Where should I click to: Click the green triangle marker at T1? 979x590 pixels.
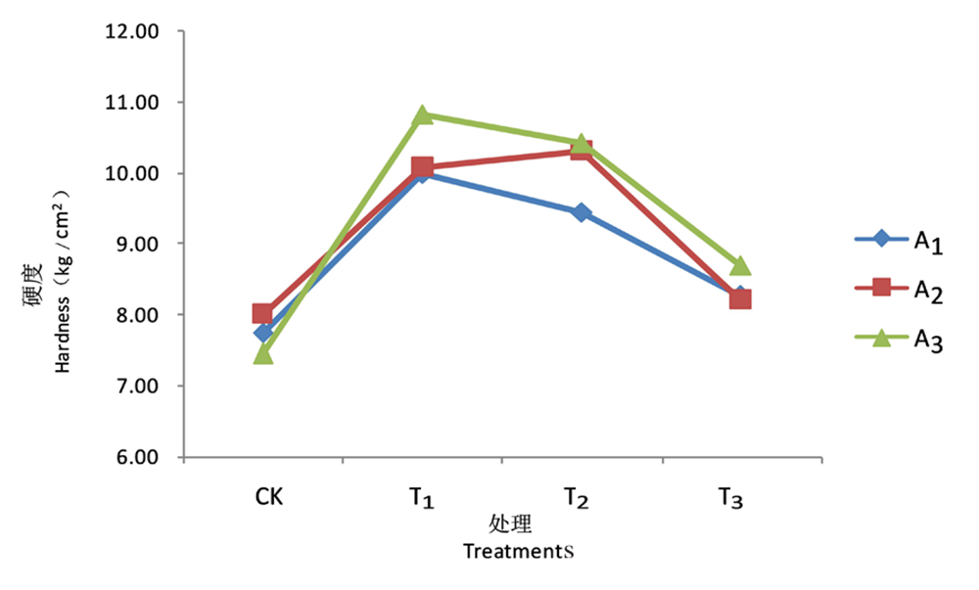click(422, 115)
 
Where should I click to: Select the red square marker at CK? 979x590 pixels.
click(262, 313)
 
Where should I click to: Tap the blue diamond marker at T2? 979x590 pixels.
click(582, 212)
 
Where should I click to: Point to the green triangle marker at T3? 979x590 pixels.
click(740, 266)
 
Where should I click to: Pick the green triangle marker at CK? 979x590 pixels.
click(262, 353)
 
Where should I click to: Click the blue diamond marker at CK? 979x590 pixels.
click(262, 333)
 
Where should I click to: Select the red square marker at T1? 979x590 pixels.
click(422, 167)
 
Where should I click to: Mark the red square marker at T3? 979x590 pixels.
click(740, 298)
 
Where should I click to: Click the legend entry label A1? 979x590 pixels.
click(927, 243)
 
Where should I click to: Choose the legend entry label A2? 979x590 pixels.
click(927, 291)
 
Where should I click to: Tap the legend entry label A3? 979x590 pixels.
click(927, 340)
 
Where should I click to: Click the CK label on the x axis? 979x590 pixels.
click(269, 498)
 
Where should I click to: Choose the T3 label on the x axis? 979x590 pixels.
click(728, 500)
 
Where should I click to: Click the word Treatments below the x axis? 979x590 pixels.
click(518, 551)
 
